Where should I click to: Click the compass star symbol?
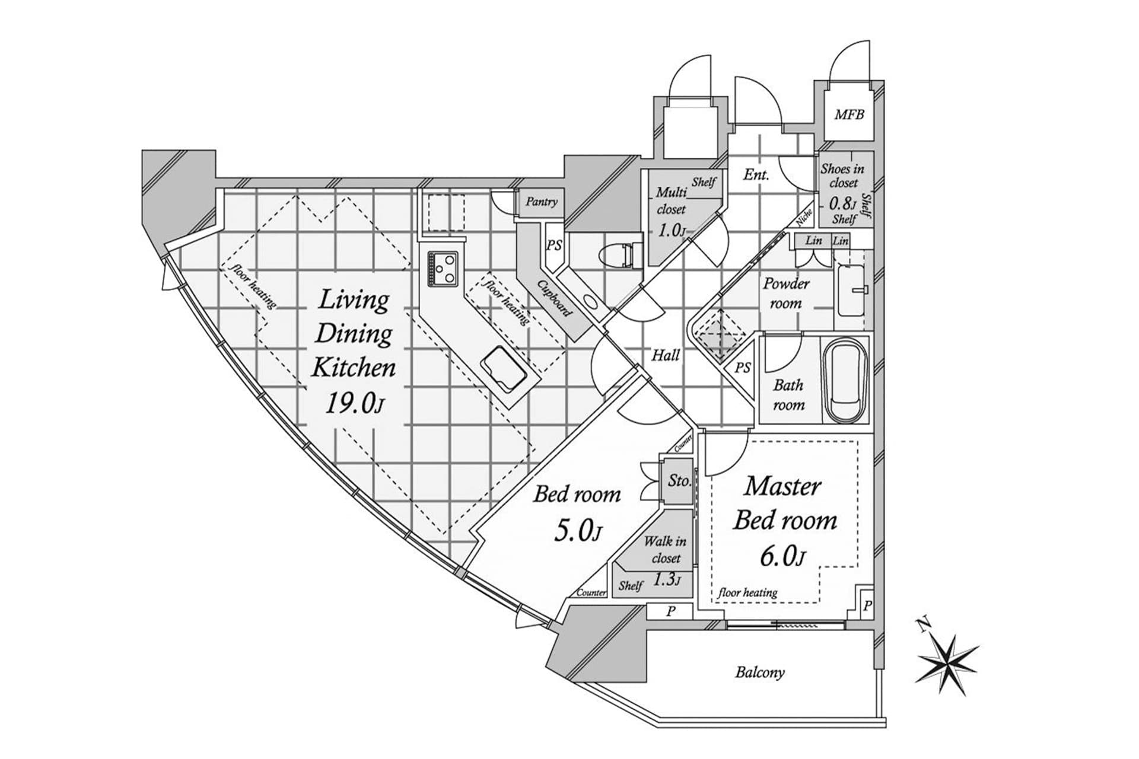coord(947,664)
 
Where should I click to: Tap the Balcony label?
coord(759,672)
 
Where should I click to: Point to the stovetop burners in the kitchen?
coord(443,266)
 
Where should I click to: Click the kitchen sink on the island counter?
coord(504,370)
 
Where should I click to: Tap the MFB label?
coord(849,114)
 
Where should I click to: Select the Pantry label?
coord(541,202)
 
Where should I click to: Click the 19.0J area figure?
coord(354,404)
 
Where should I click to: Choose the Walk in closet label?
coord(665,550)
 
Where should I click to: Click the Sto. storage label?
coord(679,480)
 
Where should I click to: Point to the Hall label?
coord(665,355)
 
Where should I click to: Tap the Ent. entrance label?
coord(756,174)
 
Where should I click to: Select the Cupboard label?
coord(555,299)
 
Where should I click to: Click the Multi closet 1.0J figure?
coord(671,229)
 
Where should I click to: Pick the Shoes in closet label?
coord(842,176)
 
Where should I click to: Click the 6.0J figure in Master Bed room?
coord(782,556)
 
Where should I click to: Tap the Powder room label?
coord(785,293)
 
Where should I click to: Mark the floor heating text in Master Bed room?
coord(747,592)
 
